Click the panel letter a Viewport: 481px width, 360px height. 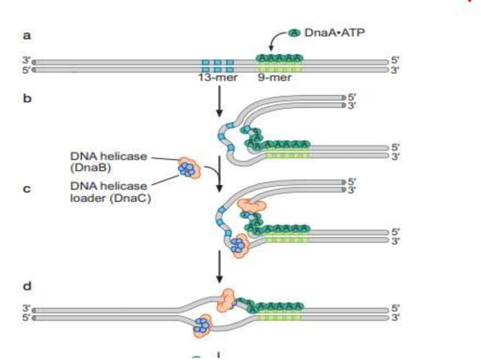(27, 35)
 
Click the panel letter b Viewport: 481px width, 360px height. (27, 98)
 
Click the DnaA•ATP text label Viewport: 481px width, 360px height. (331, 34)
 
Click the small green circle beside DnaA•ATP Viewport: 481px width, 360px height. (294, 34)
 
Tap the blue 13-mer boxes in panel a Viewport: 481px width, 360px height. (217, 63)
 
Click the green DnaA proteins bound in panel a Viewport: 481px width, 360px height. (280, 58)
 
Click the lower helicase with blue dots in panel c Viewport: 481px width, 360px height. (239, 244)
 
